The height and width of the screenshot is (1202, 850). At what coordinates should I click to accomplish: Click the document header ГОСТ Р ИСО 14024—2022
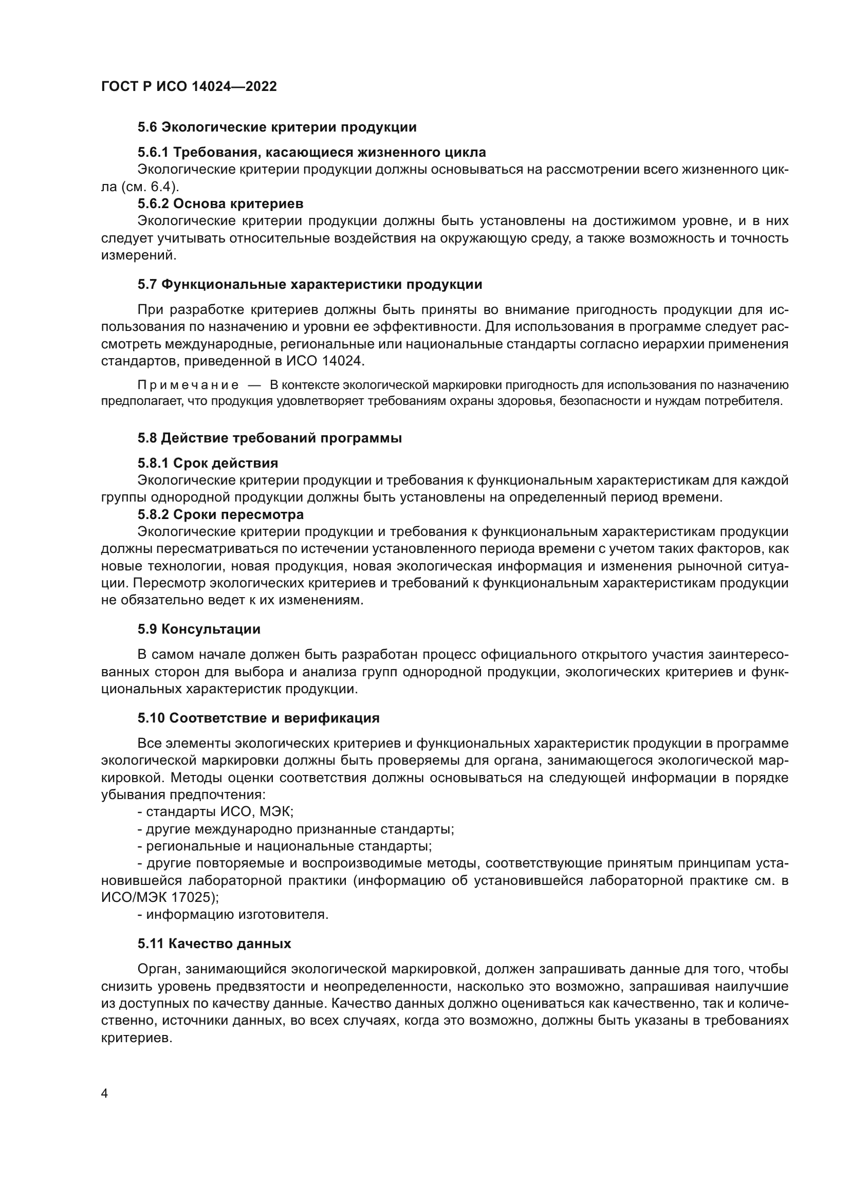189,87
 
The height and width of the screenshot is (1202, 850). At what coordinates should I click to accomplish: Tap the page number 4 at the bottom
105,1094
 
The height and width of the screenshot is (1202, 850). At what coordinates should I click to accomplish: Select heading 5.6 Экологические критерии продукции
277,127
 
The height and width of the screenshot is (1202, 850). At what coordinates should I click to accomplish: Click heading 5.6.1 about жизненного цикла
311,152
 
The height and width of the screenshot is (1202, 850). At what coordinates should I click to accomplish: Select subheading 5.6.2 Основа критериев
220,204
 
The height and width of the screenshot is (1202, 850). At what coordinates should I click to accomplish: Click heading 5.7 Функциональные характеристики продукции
310,285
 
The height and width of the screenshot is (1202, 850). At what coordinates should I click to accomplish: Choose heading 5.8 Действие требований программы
270,438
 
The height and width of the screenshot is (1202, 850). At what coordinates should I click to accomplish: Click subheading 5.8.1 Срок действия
208,464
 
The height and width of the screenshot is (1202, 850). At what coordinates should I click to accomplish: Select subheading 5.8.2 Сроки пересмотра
220,514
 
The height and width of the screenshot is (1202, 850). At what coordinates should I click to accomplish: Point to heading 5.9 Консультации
199,630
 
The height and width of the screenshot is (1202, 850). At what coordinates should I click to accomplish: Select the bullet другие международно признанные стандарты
295,829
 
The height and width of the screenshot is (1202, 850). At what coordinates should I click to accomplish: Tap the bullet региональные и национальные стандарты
284,846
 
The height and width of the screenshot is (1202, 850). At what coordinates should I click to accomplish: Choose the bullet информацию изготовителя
233,915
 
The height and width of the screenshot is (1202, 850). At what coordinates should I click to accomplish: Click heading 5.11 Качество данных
214,944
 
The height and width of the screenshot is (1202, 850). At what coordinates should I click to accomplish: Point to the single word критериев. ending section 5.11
136,1038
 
